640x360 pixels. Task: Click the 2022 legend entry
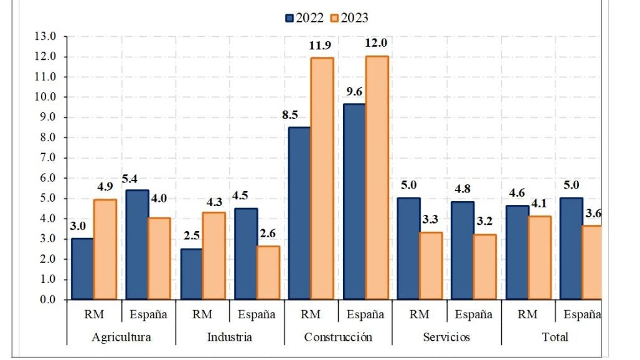[x=304, y=17]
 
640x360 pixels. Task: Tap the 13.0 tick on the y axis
[x=47, y=36]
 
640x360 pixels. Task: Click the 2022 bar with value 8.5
[x=300, y=213]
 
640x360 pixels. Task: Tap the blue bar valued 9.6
[x=354, y=202]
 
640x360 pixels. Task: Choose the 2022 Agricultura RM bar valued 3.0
[x=83, y=269]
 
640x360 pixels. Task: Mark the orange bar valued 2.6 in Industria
[x=268, y=273]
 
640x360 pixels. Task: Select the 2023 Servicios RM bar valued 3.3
[x=431, y=266]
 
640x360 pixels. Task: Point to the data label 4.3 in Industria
[x=214, y=202]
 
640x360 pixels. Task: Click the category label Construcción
[x=338, y=337]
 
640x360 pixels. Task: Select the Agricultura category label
[x=121, y=337]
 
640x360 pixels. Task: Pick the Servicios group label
[x=446, y=337]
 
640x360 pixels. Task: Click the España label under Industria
[x=256, y=315]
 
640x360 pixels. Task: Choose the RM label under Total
[x=528, y=315]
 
